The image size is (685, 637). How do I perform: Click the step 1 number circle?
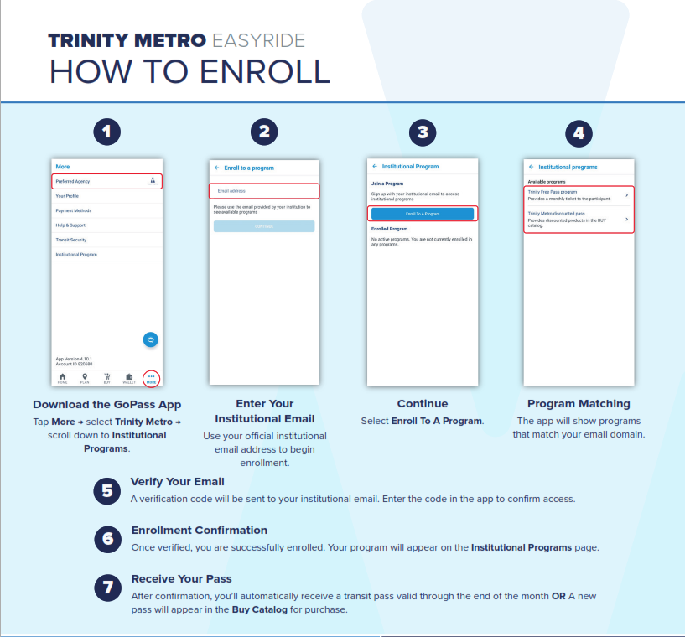point(106,132)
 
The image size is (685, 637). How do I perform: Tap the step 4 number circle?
point(579,132)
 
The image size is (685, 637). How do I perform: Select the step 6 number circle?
point(106,538)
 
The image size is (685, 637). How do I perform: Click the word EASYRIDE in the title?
point(258,40)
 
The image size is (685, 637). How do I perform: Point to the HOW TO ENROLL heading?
point(189,72)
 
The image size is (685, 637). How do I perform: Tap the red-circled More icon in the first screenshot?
point(152,378)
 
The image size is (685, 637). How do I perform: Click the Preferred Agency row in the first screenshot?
point(106,181)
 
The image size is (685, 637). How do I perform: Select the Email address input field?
point(264,190)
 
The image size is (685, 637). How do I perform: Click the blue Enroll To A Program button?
point(423,214)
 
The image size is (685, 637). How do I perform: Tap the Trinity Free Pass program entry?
point(579,195)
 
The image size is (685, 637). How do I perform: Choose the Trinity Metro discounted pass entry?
point(579,220)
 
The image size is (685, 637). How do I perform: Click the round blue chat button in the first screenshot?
point(151,339)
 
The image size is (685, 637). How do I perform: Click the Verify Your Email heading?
point(177,482)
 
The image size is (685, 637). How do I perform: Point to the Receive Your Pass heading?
point(181,578)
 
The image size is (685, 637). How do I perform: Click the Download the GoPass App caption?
point(106,404)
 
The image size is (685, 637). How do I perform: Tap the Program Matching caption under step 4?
point(579,404)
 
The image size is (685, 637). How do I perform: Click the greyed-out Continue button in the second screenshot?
point(264,226)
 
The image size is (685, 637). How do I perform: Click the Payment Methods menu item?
point(73,210)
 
